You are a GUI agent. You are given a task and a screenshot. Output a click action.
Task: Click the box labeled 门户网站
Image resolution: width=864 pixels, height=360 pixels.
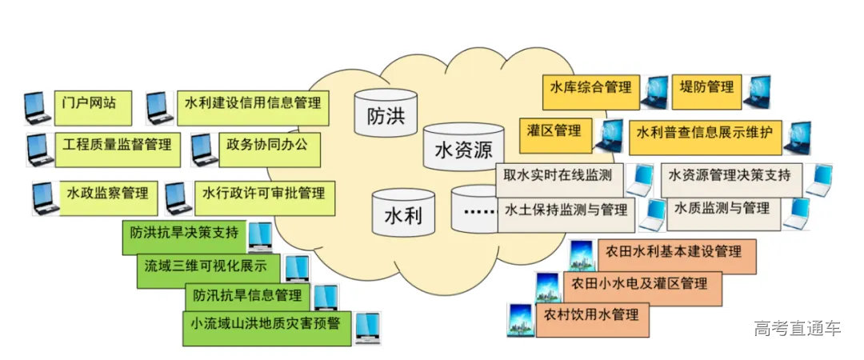tap(90, 104)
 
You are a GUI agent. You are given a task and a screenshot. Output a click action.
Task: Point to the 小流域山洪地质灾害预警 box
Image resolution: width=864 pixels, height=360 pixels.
tap(266, 326)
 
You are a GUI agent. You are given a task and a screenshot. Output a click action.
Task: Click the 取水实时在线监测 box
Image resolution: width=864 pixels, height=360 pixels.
tap(558, 175)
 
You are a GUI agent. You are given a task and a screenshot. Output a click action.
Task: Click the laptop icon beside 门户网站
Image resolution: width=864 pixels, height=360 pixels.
tap(38, 107)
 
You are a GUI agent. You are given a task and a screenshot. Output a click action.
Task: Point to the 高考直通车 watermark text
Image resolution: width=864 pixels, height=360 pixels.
tap(798, 328)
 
